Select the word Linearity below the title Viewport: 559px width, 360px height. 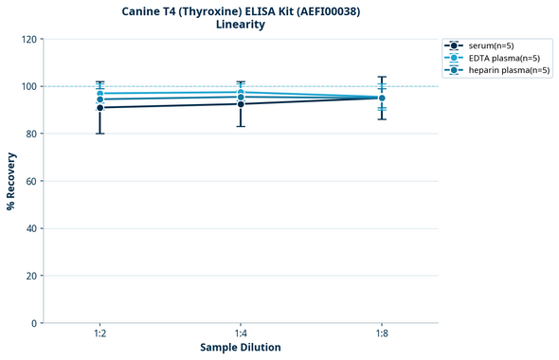(241, 25)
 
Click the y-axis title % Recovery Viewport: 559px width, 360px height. (11, 181)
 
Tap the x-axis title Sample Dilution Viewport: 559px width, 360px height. (241, 348)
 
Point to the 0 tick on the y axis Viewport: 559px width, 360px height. (35, 323)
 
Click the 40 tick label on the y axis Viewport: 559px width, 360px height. (32, 228)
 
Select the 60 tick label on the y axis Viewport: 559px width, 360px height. (32, 181)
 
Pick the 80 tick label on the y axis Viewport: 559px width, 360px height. (32, 134)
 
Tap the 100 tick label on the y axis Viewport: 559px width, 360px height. (29, 86)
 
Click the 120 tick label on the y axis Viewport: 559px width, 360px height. (29, 39)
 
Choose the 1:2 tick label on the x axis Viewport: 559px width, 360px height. (99, 333)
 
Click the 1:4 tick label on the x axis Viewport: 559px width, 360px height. (241, 333)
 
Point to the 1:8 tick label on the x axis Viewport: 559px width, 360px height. (382, 333)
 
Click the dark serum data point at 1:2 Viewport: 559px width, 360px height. (99, 107)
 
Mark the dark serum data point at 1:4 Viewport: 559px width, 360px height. (241, 103)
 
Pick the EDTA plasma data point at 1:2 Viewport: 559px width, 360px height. (99, 93)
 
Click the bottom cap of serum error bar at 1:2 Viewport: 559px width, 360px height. (99, 134)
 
